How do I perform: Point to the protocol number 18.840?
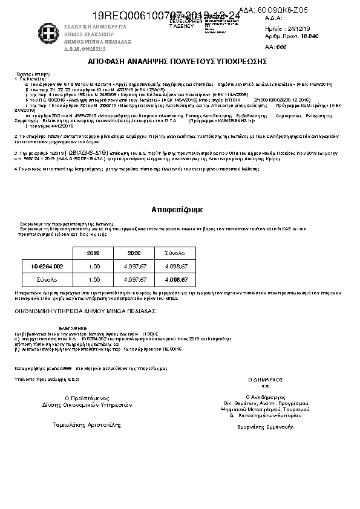[x=310, y=36]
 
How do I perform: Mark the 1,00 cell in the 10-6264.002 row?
[x=94, y=266]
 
